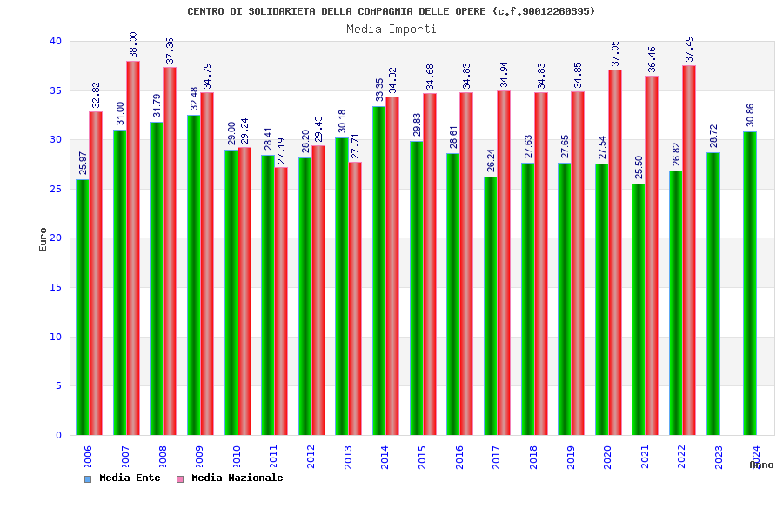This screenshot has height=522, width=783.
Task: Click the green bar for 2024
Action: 750,283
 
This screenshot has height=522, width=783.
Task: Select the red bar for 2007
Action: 133,248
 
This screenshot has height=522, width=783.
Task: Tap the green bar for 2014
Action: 379,271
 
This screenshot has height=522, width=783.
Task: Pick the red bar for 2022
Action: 689,250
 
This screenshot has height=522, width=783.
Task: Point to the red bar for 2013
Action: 355,298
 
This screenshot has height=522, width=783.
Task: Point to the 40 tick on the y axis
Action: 56,41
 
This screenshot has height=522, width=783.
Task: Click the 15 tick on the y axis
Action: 56,287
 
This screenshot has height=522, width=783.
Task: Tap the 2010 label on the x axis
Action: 236,457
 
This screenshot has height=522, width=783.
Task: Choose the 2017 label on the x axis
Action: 496,457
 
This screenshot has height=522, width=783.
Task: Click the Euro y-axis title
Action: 43,239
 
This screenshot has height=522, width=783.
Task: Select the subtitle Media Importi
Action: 391,29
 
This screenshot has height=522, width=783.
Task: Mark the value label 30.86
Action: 750,115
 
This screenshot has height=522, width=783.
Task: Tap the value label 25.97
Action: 83,163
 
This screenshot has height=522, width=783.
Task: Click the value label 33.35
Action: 379,90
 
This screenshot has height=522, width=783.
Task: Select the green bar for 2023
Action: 713,293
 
